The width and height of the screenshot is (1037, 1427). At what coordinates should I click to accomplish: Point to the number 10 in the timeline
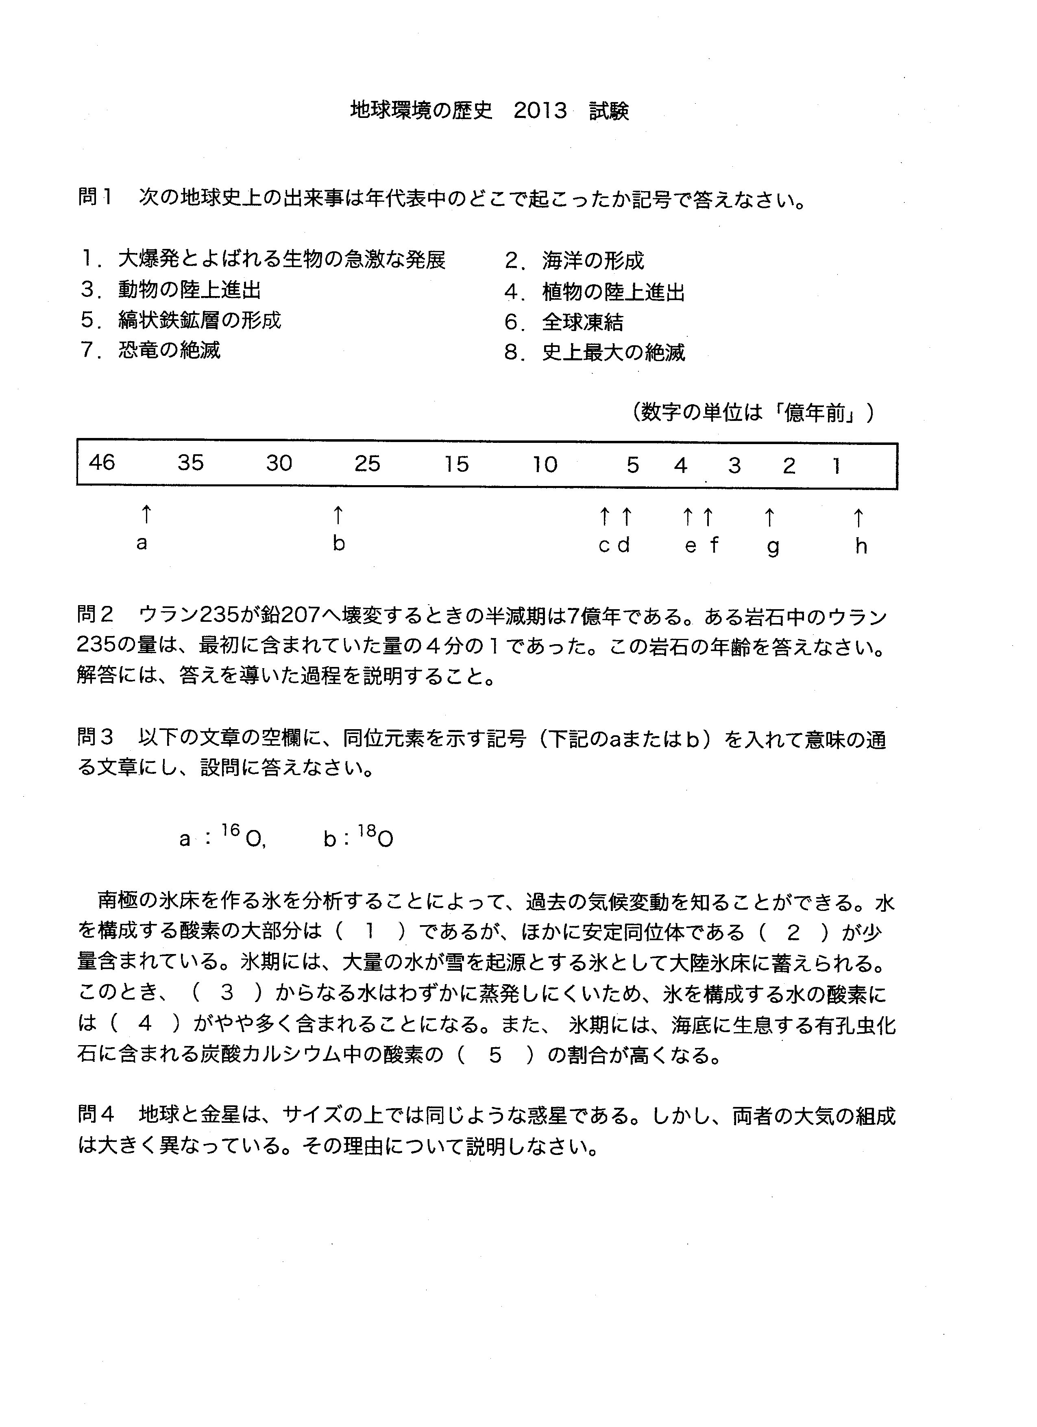(x=545, y=464)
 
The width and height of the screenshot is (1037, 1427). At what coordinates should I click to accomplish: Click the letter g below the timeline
(x=773, y=546)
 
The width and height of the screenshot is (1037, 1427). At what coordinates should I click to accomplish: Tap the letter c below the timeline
(x=604, y=545)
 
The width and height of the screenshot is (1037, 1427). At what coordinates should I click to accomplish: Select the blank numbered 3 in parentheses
(x=227, y=992)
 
